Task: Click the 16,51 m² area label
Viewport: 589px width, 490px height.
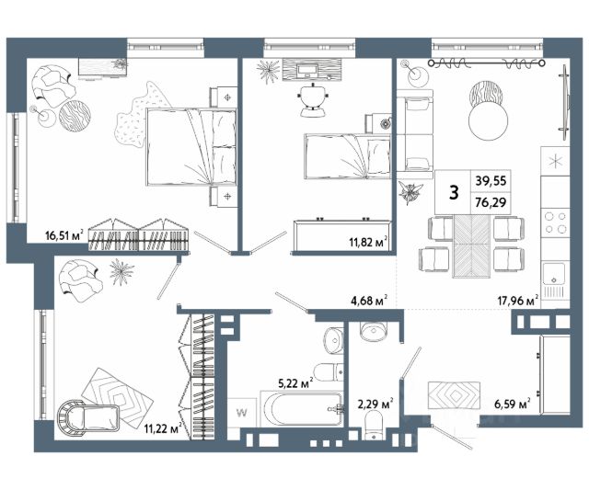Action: [64, 235]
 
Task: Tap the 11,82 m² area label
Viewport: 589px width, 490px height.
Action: [368, 242]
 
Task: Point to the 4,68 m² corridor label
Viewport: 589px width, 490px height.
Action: [369, 300]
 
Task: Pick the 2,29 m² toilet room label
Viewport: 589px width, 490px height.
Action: [375, 405]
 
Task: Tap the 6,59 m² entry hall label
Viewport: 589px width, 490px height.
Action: [512, 405]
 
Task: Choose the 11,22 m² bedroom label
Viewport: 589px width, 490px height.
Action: [164, 428]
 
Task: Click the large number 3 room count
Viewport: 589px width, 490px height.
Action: [454, 193]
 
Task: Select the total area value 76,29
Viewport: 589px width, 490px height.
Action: [491, 202]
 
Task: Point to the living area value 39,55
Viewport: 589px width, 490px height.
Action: [491, 181]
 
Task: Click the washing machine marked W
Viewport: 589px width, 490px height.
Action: [242, 413]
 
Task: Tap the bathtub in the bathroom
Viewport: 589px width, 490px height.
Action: [302, 409]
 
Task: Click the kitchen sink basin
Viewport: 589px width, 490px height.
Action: [553, 274]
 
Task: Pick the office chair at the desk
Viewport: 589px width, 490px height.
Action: [313, 99]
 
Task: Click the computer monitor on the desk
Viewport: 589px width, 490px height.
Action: [307, 70]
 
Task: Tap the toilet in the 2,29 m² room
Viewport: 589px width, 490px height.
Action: [375, 426]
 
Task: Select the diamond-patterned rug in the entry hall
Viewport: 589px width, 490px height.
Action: [455, 395]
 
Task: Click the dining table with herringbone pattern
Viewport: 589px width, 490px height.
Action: [472, 246]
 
